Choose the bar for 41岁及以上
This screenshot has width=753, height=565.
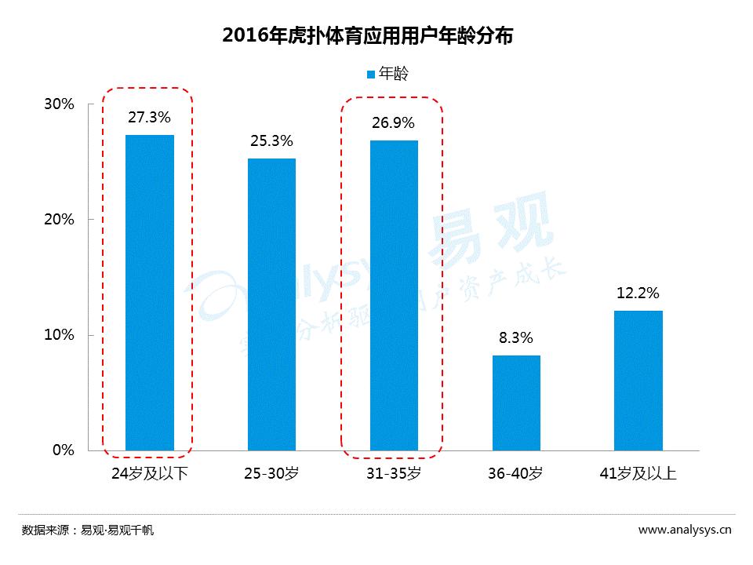point(638,381)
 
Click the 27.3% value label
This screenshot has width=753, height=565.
point(149,117)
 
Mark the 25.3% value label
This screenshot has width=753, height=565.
point(271,141)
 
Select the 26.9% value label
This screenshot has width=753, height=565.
point(394,123)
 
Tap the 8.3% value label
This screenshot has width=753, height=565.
point(516,338)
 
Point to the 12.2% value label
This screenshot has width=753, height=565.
point(638,293)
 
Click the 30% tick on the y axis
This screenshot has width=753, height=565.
point(58,104)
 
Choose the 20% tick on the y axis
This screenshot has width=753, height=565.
point(58,220)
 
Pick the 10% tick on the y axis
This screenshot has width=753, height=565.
point(58,335)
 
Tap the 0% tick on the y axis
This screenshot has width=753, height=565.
point(63,450)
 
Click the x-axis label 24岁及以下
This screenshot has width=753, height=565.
point(149,473)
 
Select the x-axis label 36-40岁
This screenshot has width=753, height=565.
point(516,473)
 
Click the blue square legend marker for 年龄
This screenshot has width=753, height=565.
point(371,75)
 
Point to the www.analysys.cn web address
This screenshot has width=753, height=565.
point(685,530)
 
